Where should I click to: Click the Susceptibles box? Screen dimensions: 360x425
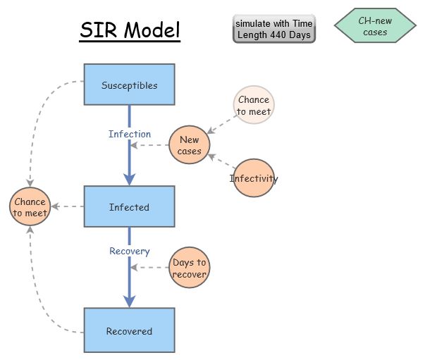tap(129, 86)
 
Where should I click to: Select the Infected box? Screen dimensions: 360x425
tap(129, 207)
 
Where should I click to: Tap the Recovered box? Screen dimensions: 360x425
tap(129, 330)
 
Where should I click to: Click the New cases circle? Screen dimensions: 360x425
tap(189, 146)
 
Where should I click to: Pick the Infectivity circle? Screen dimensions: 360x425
tap(254, 178)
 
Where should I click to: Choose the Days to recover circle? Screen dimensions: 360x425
tap(189, 268)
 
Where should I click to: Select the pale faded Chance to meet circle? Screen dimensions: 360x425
tap(253, 105)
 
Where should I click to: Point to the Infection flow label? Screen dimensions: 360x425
tap(129, 134)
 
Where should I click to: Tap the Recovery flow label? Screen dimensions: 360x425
tap(129, 251)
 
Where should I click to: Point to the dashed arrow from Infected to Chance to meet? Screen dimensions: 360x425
tap(68, 207)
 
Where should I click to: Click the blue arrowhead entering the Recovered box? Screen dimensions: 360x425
tap(129, 301)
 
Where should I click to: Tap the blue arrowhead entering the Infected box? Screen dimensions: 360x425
tap(129, 179)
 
